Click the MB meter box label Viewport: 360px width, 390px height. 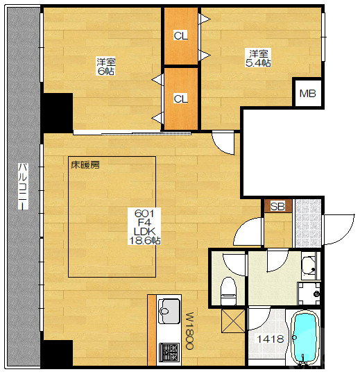pos(307,94)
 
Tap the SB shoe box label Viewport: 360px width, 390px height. pos(277,206)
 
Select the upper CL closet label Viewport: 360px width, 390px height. pos(180,36)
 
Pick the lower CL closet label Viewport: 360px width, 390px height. pos(180,99)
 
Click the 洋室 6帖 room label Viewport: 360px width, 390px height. pos(106,67)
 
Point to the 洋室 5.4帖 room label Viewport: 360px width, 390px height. pos(258,58)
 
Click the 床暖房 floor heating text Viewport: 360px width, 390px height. pos(85,164)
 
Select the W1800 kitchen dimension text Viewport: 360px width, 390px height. pos(189,331)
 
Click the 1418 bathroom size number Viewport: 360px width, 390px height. pos(271,339)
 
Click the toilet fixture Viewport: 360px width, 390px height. pos(228,291)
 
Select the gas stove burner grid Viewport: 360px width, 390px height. pos(169,352)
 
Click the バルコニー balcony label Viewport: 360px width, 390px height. pos(23,186)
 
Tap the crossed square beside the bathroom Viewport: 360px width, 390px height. pos(233,321)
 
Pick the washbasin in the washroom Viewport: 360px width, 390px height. pos(309,266)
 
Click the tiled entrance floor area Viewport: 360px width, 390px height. pos(308,223)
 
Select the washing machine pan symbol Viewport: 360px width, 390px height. pos(309,294)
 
